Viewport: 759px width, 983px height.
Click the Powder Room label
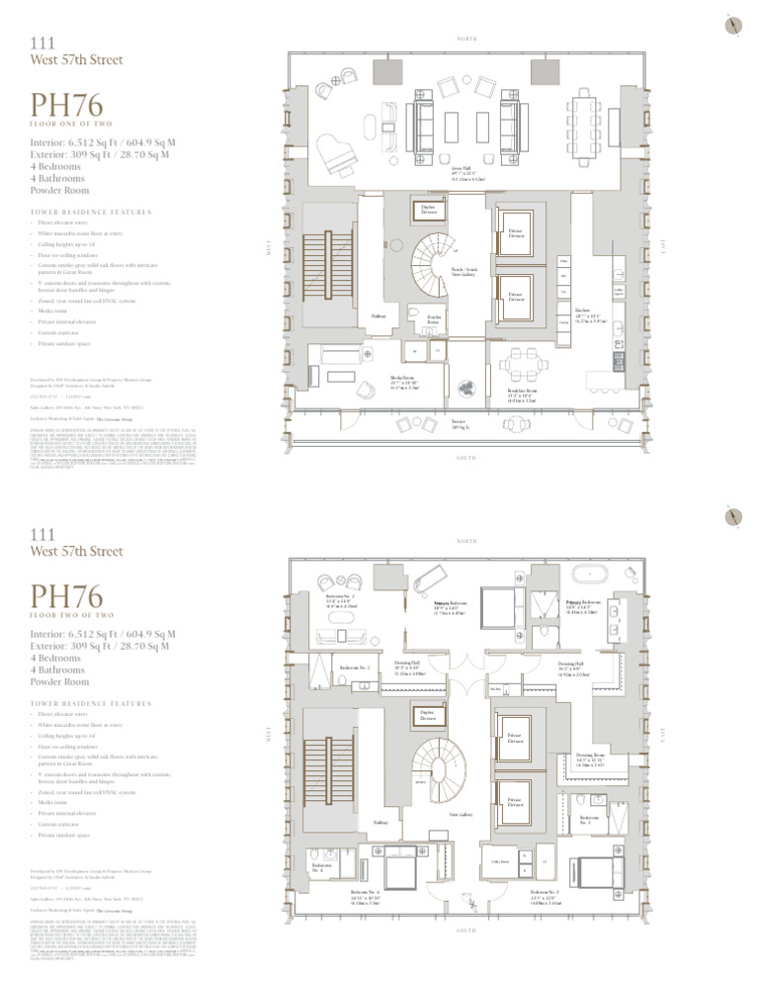433,320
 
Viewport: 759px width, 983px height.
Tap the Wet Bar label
498,690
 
